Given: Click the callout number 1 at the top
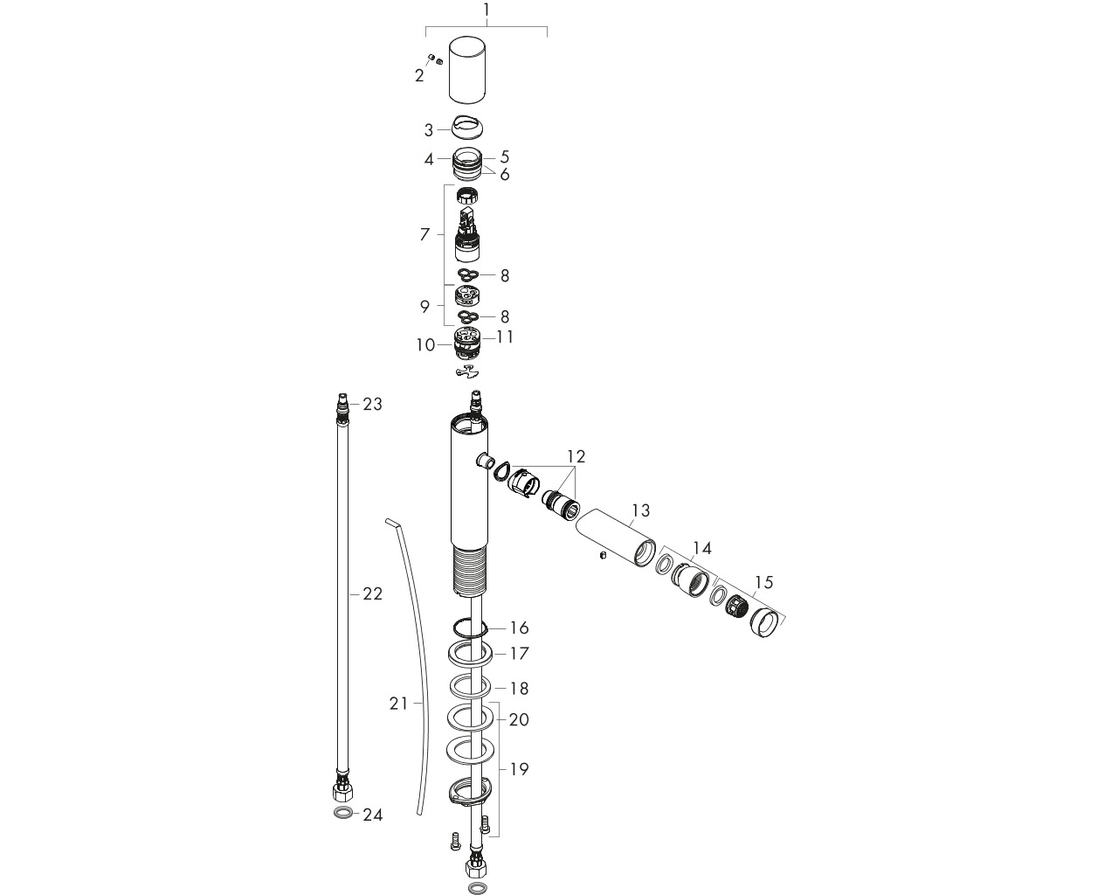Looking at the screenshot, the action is (x=487, y=10).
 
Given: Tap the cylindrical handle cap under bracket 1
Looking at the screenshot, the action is (x=467, y=70).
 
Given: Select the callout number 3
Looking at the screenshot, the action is (x=429, y=130).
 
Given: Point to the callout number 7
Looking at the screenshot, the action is (x=425, y=234).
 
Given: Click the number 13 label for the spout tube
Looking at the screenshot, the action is (x=640, y=510).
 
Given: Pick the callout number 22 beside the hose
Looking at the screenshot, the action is (x=372, y=593).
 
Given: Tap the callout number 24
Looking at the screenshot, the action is (x=372, y=815).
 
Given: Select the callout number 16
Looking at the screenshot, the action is (x=519, y=628).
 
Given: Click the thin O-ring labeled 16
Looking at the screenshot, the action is (x=470, y=628).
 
